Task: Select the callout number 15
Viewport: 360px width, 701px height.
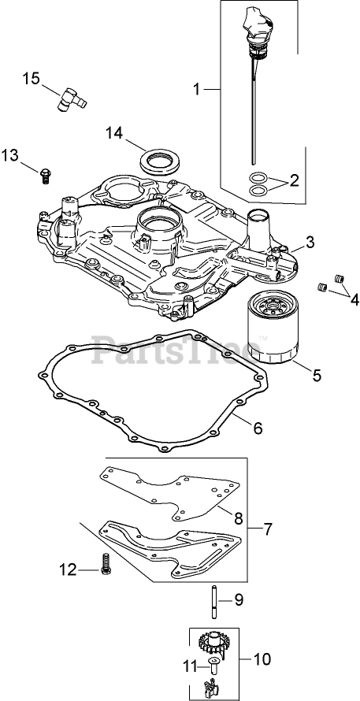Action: (x=32, y=79)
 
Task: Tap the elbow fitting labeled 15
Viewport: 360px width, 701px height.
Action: (x=71, y=98)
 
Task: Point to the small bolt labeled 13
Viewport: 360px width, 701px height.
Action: (x=45, y=174)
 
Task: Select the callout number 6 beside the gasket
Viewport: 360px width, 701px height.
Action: (x=258, y=428)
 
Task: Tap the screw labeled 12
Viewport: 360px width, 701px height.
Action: (x=106, y=563)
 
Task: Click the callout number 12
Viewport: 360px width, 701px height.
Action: (x=69, y=570)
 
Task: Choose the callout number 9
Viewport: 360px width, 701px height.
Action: (x=239, y=600)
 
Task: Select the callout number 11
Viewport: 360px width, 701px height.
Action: (x=190, y=666)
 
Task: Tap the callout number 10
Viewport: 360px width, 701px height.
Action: (x=262, y=659)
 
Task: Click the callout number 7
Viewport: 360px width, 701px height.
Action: (x=267, y=529)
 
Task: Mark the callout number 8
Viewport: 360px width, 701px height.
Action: (x=238, y=518)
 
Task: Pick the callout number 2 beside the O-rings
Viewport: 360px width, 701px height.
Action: (x=294, y=180)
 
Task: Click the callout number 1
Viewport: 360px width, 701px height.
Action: (x=196, y=90)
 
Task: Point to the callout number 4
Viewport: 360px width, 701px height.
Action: (x=354, y=300)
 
